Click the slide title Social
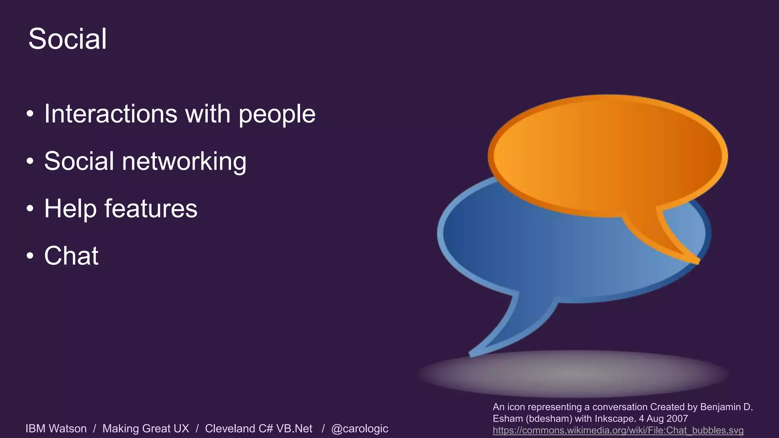coord(67,39)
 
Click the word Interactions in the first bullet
coord(111,114)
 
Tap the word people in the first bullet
coord(277,114)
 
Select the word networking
coord(184,161)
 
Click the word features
coord(151,208)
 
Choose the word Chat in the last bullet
coord(72,255)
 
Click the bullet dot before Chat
coord(30,256)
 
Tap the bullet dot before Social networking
coord(30,161)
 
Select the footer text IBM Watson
coord(56,428)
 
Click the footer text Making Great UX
coord(146,428)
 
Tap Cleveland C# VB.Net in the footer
coord(258,428)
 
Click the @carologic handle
coord(359,428)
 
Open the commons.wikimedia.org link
coord(618,430)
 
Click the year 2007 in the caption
coord(677,419)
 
